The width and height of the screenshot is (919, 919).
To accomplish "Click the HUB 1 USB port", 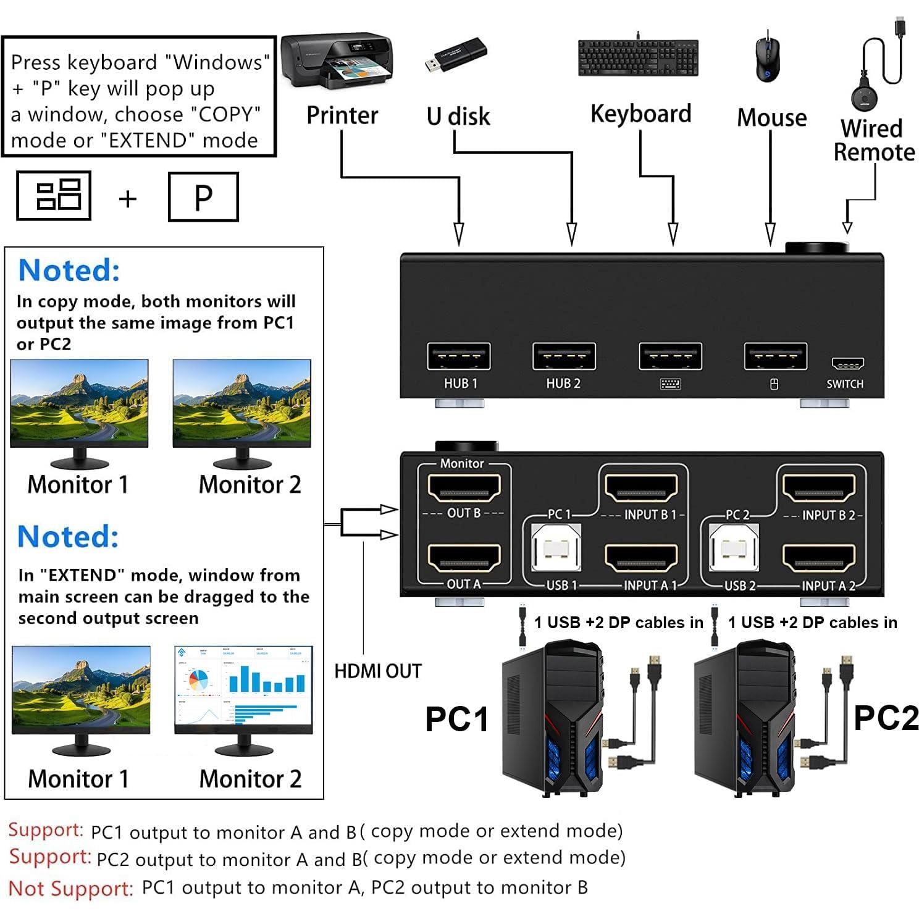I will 458,356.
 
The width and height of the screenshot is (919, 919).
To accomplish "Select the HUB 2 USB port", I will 564,356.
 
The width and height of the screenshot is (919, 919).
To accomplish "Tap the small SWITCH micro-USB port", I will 847,364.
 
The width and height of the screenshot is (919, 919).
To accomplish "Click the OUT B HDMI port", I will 464,489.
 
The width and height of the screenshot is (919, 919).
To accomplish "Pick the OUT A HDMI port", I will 464,560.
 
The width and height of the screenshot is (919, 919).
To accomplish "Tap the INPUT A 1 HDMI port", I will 641,559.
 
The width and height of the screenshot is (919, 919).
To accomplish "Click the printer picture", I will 337,61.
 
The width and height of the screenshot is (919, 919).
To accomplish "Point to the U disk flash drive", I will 456,55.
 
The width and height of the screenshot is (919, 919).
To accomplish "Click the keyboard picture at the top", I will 638,58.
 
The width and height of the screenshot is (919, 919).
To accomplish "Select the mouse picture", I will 768,59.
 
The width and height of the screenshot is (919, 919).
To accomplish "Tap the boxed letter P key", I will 203,197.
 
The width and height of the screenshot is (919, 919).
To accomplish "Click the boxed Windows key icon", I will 54,196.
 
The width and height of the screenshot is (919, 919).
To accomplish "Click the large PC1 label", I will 456,719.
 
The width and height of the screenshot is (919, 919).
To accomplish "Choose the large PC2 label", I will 886,718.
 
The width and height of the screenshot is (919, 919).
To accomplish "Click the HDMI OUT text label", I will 377,671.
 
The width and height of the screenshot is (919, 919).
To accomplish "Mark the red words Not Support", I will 70,888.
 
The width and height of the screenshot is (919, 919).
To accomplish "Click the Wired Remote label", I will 873,140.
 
